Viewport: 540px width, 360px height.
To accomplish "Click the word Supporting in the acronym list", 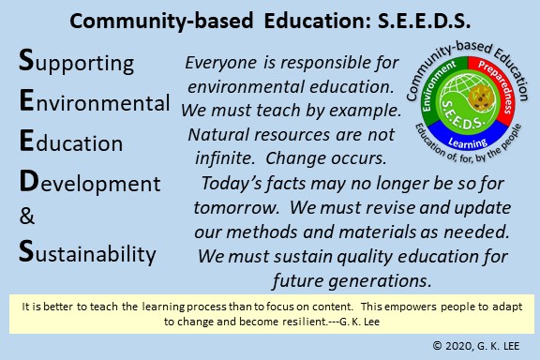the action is point(76,62).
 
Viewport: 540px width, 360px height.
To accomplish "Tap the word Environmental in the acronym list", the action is point(95,101).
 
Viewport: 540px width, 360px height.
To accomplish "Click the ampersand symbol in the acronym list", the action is point(27,216).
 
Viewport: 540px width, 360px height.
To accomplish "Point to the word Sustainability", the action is point(87,253).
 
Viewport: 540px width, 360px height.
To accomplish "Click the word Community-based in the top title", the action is point(161,21).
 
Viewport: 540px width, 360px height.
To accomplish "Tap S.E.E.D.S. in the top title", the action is point(424,21).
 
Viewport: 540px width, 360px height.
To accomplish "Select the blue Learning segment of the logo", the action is point(467,142).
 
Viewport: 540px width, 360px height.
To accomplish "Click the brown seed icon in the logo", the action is point(480,96).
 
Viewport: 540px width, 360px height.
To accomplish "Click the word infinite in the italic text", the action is point(225,158).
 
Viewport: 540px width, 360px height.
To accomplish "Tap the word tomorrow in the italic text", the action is point(236,208).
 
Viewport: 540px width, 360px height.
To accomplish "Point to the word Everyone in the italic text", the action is point(220,63).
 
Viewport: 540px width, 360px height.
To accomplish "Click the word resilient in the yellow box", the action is point(305,322).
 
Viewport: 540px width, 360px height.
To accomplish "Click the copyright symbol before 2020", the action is point(437,345).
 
